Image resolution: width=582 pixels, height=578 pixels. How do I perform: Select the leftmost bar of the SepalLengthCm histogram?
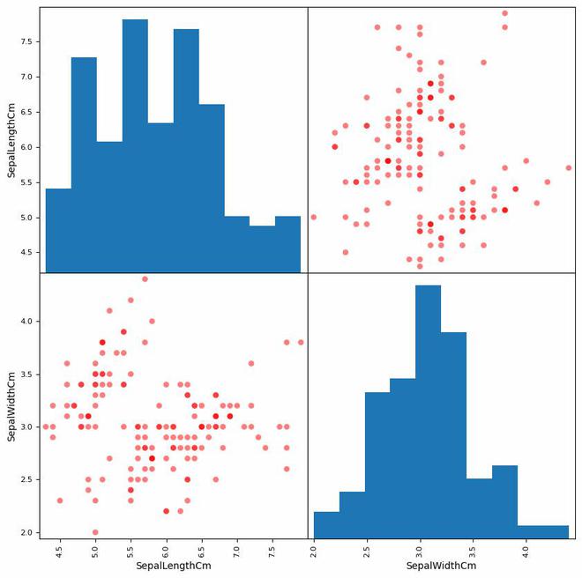click(x=58, y=230)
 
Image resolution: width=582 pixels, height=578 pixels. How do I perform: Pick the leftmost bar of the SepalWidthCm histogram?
click(x=326, y=524)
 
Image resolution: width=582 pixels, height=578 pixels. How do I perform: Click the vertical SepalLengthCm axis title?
click(x=12, y=140)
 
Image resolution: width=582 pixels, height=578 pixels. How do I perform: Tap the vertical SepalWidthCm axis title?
click(x=12, y=406)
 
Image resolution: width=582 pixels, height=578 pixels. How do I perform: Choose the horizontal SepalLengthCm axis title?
click(x=174, y=566)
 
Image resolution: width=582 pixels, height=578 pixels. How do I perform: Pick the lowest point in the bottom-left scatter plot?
click(x=95, y=532)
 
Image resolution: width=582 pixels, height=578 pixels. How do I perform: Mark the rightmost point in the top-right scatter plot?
click(x=569, y=167)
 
